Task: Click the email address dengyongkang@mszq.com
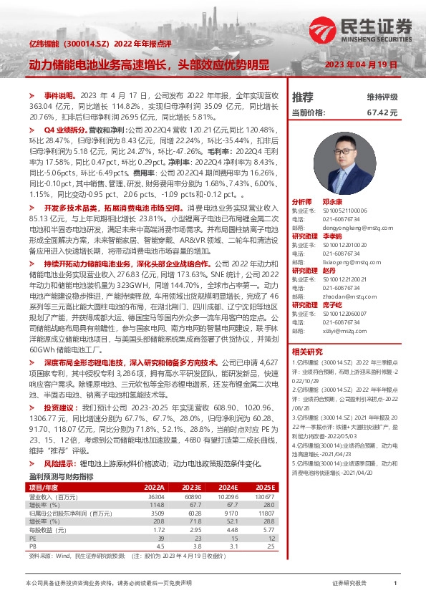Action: click(348, 225)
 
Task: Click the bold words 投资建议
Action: click(59, 406)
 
